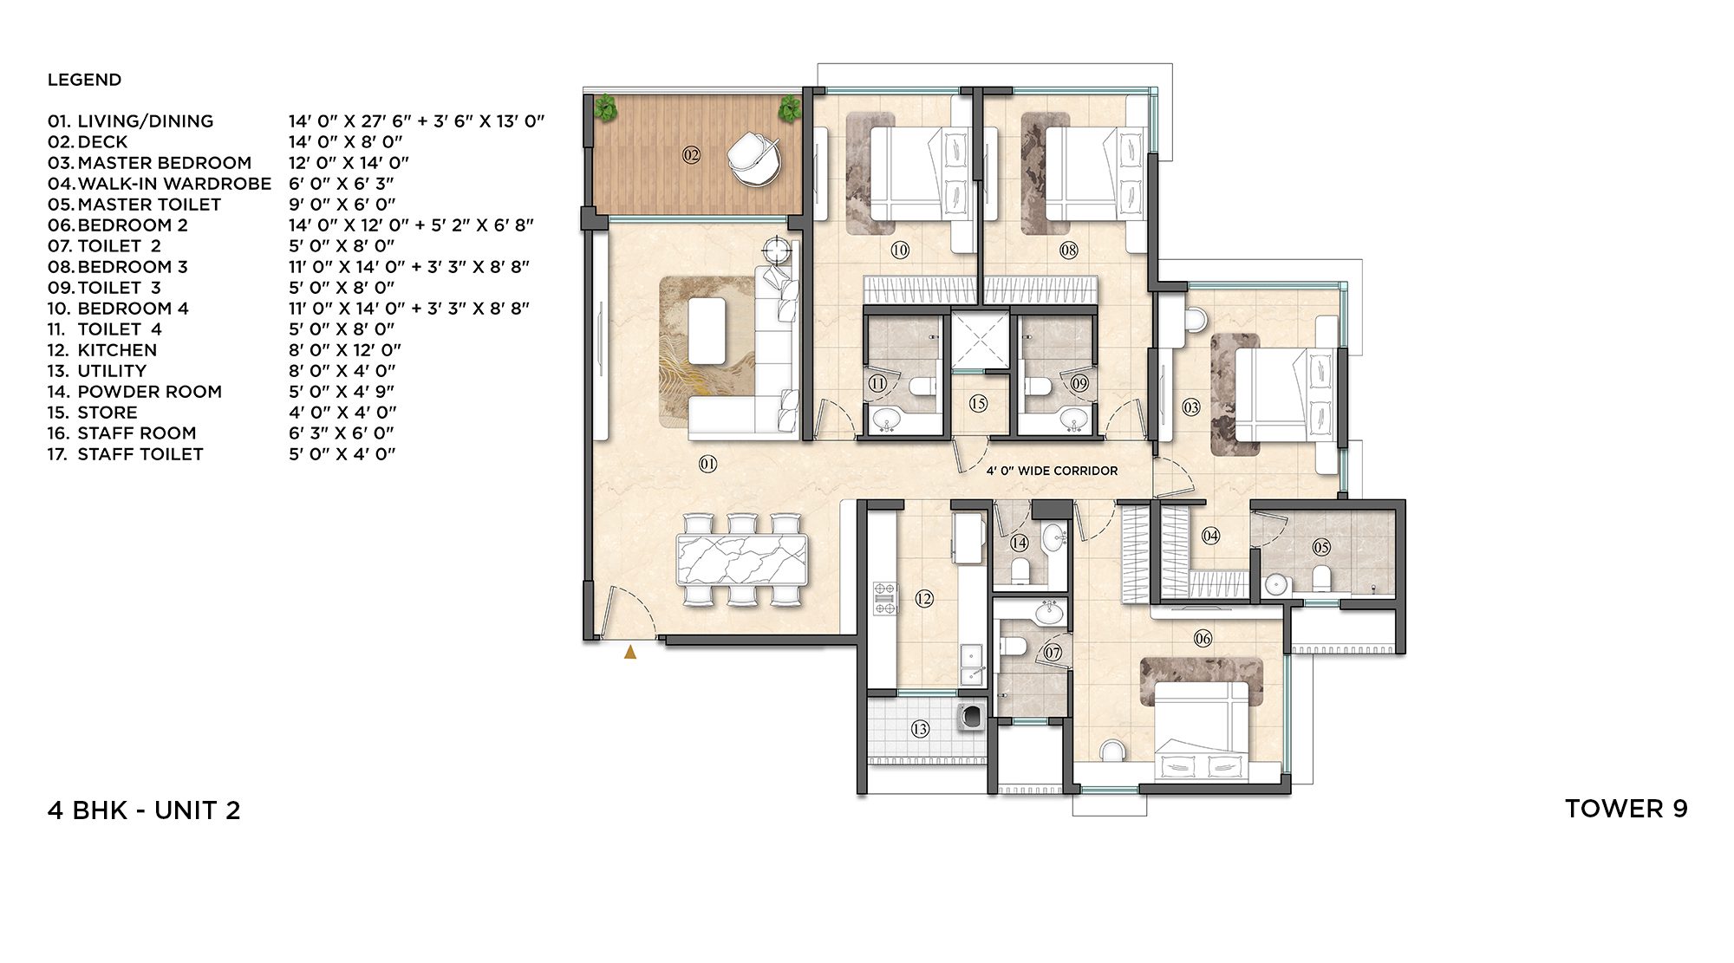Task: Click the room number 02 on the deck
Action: pyautogui.click(x=691, y=155)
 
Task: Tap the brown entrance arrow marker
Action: pyautogui.click(x=630, y=652)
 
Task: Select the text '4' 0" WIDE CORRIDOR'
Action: pyautogui.click(x=1052, y=471)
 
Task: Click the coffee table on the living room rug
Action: pyautogui.click(x=707, y=330)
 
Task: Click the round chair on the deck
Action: pyautogui.click(x=753, y=158)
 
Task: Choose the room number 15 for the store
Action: pyautogui.click(x=978, y=403)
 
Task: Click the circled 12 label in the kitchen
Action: pyautogui.click(x=924, y=598)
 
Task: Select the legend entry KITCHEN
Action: pyautogui.click(x=117, y=350)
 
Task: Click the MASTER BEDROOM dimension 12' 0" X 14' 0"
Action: pyautogui.click(x=349, y=163)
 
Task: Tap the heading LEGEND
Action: pyautogui.click(x=84, y=80)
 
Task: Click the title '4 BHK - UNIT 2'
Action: pyautogui.click(x=144, y=810)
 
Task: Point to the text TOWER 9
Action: pyautogui.click(x=1626, y=809)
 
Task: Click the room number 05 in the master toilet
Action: pyautogui.click(x=1321, y=547)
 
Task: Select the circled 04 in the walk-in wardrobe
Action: pyautogui.click(x=1210, y=536)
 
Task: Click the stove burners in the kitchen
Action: pyautogui.click(x=884, y=599)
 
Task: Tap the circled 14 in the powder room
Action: pyautogui.click(x=1019, y=543)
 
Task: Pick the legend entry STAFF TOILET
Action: pyautogui.click(x=140, y=454)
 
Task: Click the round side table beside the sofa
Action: pyautogui.click(x=776, y=251)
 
